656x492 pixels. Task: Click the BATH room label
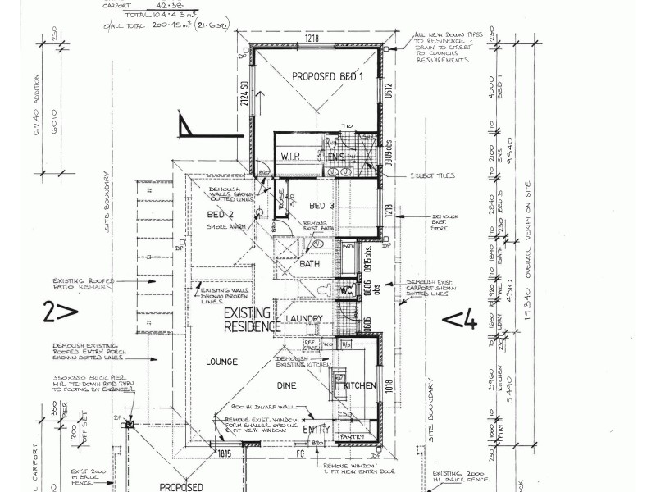[309, 264]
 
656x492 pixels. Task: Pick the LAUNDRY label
[303, 318]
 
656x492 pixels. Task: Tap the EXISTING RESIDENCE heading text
[253, 320]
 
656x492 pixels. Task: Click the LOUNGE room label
[221, 361]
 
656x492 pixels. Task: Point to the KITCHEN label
[359, 385]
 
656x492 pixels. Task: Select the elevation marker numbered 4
[460, 320]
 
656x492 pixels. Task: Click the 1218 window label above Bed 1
[311, 39]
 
